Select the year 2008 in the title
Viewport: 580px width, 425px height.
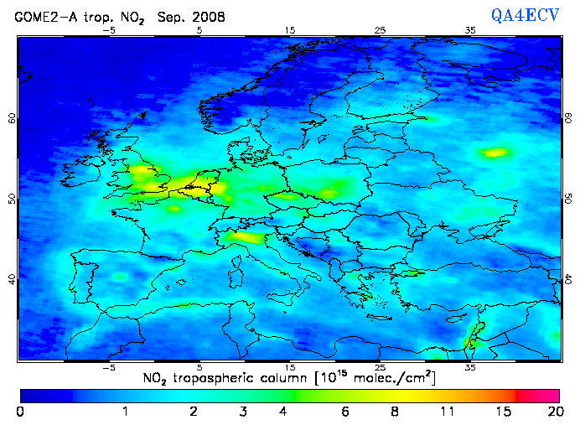pyautogui.click(x=210, y=16)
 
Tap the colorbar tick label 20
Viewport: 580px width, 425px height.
pyautogui.click(x=553, y=412)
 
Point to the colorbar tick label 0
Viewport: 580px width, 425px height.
pyautogui.click(x=19, y=412)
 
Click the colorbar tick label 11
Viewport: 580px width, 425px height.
pyautogui.click(x=449, y=412)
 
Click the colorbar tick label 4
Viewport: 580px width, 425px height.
pyautogui.click(x=283, y=412)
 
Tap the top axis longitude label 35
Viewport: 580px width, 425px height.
pyautogui.click(x=470, y=30)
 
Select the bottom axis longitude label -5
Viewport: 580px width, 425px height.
pyautogui.click(x=108, y=367)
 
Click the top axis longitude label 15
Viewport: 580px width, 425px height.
pyautogui.click(x=290, y=30)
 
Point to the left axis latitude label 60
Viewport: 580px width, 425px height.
pyautogui.click(x=11, y=118)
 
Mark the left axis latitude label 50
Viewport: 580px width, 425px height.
pyautogui.click(x=11, y=199)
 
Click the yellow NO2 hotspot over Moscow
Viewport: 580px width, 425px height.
pyautogui.click(x=495, y=153)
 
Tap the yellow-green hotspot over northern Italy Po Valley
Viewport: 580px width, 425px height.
pyautogui.click(x=243, y=237)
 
